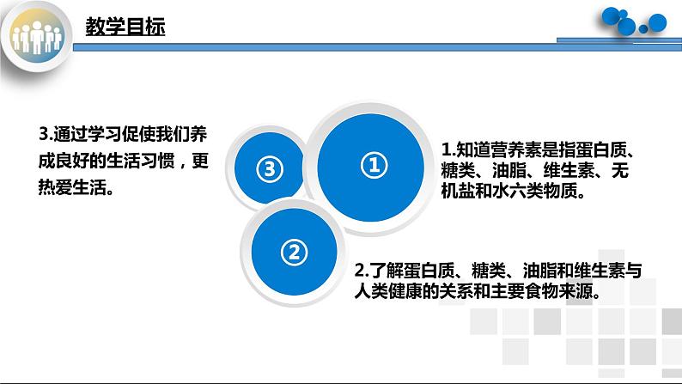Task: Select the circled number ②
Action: click(293, 252)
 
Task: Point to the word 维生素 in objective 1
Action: click(563, 170)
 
